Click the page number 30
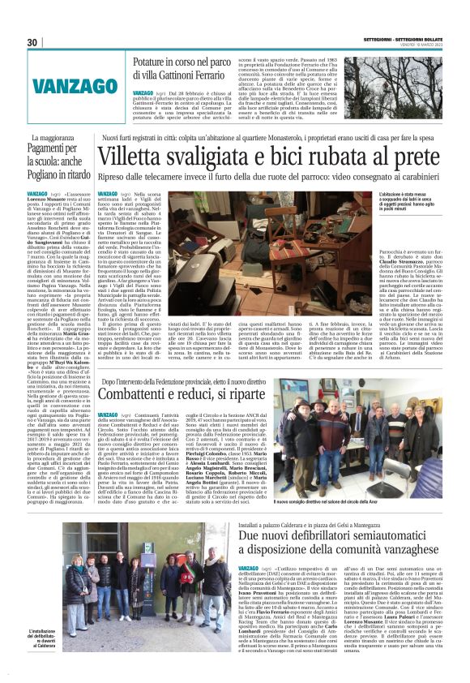coord(32,42)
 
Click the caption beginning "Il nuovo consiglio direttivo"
coord(375,504)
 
